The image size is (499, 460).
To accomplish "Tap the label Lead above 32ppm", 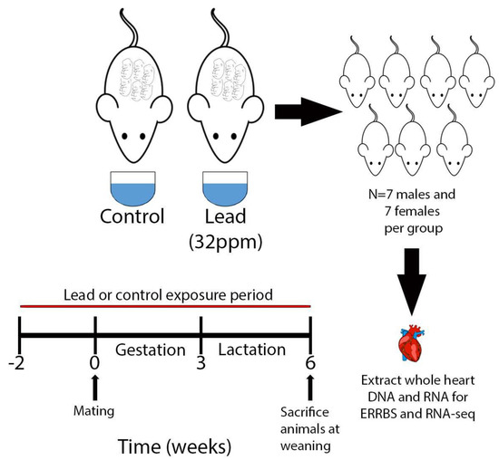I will (x=224, y=217).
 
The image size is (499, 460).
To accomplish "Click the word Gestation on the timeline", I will (x=146, y=349).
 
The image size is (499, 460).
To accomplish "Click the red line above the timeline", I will (x=163, y=308).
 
